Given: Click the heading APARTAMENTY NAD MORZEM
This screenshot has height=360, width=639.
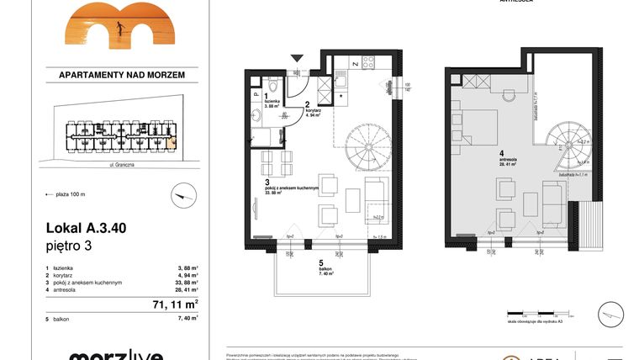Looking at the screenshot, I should pos(122,75).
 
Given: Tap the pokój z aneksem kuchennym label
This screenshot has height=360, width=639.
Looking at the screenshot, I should pos(288,188).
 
